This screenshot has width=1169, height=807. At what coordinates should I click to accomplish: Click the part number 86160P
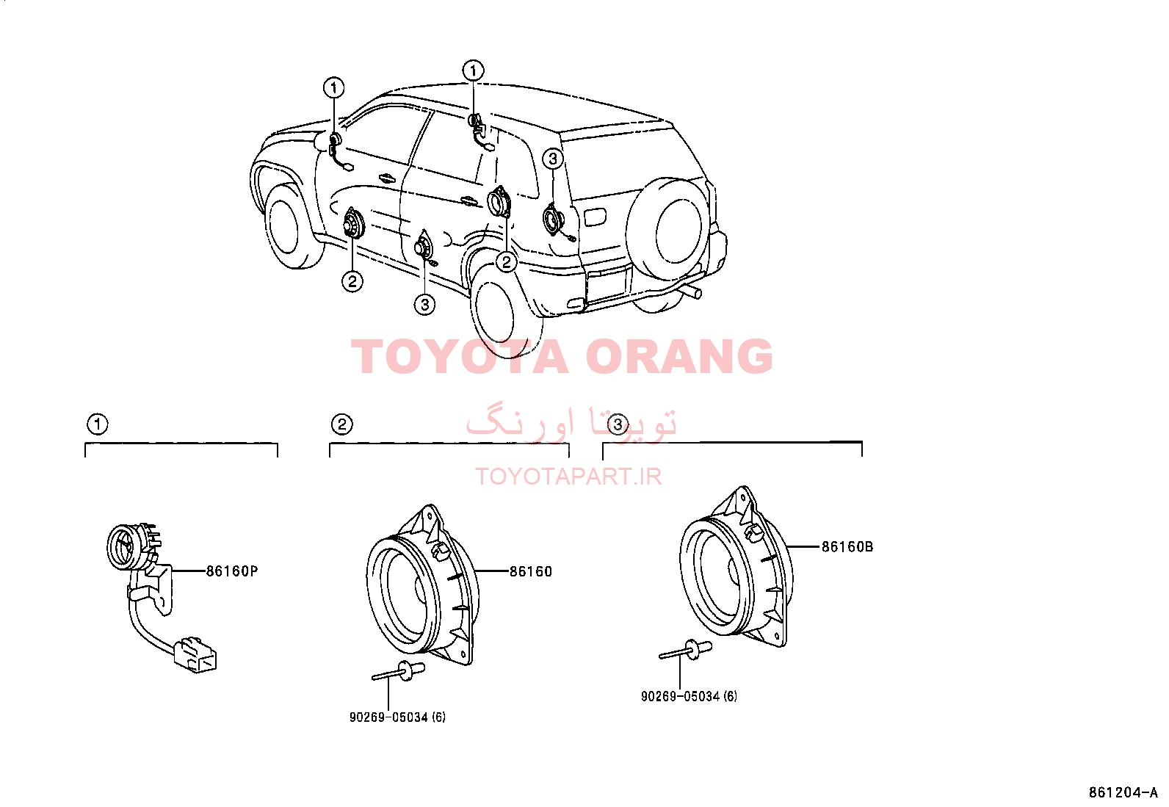pyautogui.click(x=232, y=571)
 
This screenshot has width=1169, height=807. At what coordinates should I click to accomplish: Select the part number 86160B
pyautogui.click(x=847, y=546)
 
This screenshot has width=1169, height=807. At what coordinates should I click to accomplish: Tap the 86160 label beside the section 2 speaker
pyautogui.click(x=530, y=571)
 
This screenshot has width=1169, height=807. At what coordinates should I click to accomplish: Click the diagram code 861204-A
pyautogui.click(x=1123, y=792)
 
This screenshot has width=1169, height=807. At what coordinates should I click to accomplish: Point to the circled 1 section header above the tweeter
pyautogui.click(x=98, y=424)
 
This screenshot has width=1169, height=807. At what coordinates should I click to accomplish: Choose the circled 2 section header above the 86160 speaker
pyautogui.click(x=342, y=424)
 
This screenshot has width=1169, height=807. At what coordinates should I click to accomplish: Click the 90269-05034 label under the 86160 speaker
pyautogui.click(x=398, y=717)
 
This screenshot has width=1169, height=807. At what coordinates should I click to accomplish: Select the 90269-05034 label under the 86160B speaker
pyautogui.click(x=689, y=696)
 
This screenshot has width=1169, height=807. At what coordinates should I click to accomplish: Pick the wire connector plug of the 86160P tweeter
pyautogui.click(x=195, y=655)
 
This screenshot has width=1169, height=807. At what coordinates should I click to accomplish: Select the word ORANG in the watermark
pyautogui.click(x=679, y=356)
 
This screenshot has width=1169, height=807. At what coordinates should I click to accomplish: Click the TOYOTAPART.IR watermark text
pyautogui.click(x=568, y=477)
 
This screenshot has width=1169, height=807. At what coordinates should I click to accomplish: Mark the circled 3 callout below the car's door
pyautogui.click(x=425, y=304)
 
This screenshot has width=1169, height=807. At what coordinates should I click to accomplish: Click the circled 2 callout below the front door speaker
pyautogui.click(x=352, y=282)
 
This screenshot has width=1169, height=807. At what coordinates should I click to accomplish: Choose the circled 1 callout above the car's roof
pyautogui.click(x=474, y=70)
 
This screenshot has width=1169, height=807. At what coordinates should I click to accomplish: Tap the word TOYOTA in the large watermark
pyautogui.click(x=459, y=356)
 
